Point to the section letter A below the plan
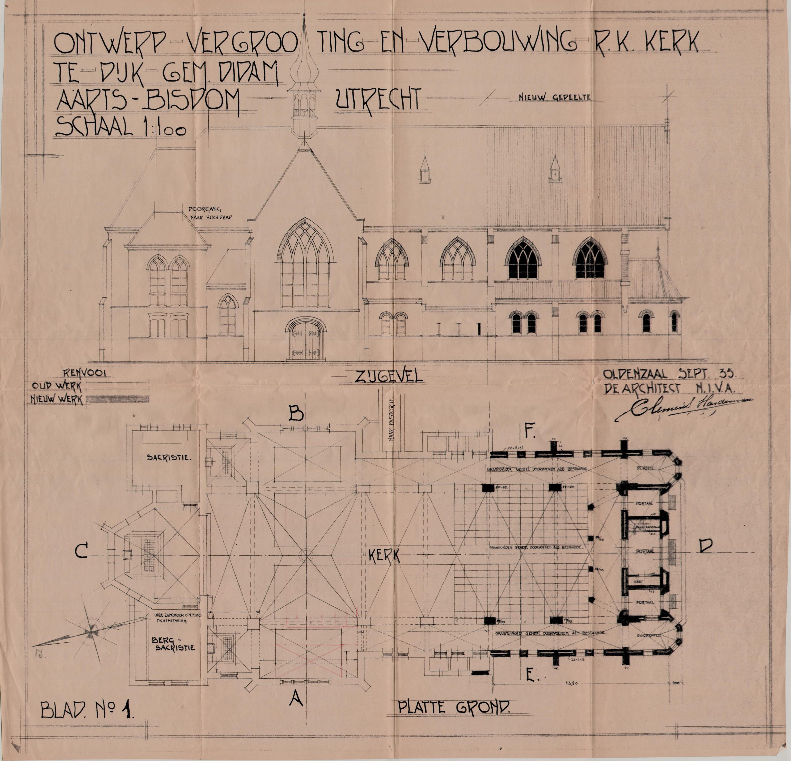click(296, 698)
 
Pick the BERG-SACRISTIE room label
click(173, 644)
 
